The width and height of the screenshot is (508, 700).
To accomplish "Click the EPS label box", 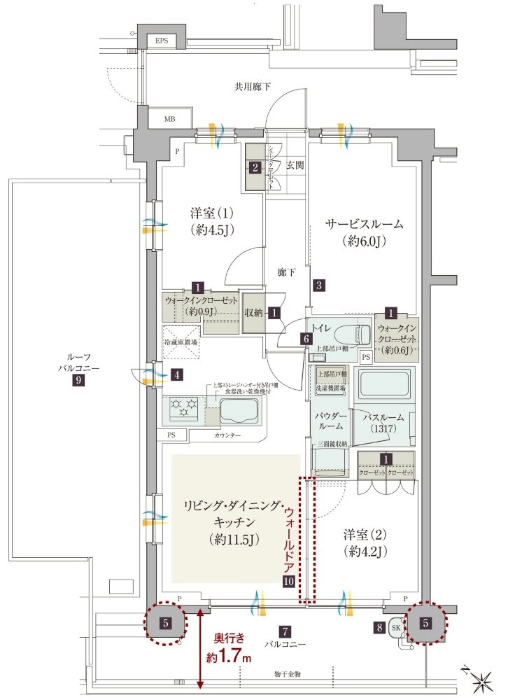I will [161, 41].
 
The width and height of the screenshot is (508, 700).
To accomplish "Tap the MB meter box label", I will [169, 119].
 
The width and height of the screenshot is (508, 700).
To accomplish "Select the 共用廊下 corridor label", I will [253, 87].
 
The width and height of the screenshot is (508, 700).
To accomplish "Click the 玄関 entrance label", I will [294, 165].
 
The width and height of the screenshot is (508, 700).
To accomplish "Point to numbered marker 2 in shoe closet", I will [255, 167].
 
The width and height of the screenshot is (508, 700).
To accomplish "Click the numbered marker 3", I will [318, 285].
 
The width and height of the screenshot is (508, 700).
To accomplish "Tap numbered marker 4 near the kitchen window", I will [178, 374].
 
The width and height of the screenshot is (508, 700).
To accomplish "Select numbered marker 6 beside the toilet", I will [306, 338].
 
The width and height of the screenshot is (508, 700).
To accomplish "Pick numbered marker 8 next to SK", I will [379, 628].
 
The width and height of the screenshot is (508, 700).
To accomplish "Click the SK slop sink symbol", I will [395, 627].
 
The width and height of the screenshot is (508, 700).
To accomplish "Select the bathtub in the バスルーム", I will [383, 384].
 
